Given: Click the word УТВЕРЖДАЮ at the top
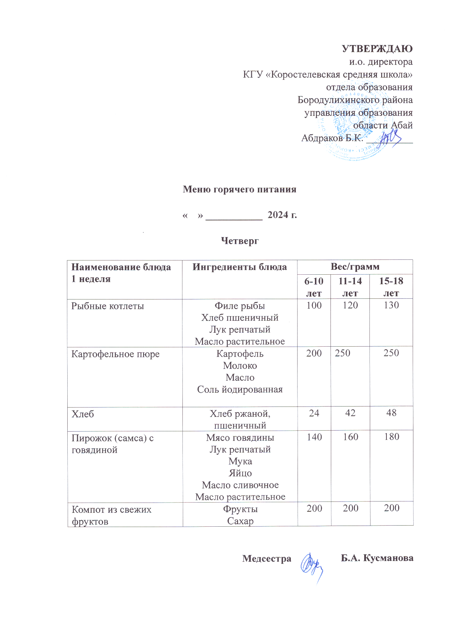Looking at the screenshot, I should tap(377, 49).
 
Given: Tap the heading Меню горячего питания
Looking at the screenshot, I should tap(239, 189).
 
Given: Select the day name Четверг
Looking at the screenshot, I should tap(240, 241).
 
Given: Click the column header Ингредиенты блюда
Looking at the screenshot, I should tap(239, 267).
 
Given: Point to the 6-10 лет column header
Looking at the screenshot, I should tap(314, 287).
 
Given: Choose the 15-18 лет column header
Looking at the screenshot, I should tap(391, 287).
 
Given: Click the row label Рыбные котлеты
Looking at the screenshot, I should tap(108, 306).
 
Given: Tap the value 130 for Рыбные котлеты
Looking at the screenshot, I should tap(391, 305).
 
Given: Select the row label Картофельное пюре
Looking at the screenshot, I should tap(115, 354).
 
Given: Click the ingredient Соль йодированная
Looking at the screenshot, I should tap(240, 390).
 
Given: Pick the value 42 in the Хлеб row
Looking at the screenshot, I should tap(350, 413).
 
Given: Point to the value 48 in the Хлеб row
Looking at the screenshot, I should tap(391, 413).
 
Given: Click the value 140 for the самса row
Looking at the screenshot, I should tap(314, 437).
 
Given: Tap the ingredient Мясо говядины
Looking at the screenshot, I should tap(240, 438).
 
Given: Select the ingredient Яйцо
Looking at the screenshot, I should tap(240, 473).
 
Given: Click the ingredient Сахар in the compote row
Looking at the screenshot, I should tap(240, 521).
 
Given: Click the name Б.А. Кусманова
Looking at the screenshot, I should tap(377, 558).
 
